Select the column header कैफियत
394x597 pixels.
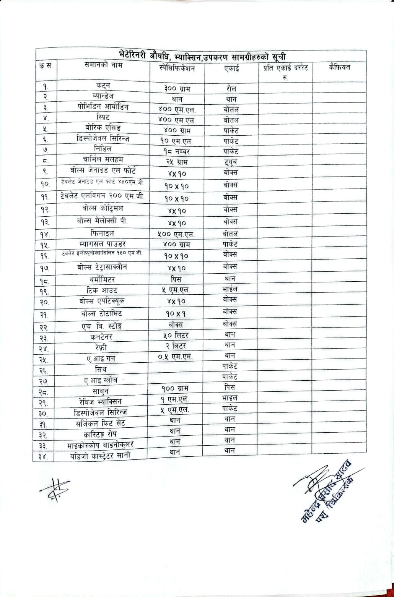click(x=339, y=68)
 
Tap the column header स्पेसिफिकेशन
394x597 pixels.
click(x=177, y=68)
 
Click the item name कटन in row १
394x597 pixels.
click(x=103, y=85)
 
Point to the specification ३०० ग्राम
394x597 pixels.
click(x=177, y=88)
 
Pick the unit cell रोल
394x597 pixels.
click(x=231, y=88)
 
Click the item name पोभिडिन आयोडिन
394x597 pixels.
click(x=103, y=107)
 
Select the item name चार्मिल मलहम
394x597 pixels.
click(x=103, y=159)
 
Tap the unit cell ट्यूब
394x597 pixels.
click(x=231, y=162)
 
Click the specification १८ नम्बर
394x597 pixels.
click(x=177, y=151)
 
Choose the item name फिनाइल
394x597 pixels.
click(x=103, y=233)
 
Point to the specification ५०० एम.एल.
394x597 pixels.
click(x=176, y=234)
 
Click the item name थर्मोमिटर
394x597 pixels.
click(x=101, y=280)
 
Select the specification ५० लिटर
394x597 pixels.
click(x=176, y=335)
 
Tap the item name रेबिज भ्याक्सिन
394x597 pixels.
click(x=99, y=401)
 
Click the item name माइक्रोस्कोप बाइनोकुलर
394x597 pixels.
click(x=101, y=445)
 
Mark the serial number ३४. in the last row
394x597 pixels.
click(x=43, y=456)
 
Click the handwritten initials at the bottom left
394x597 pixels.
click(x=55, y=490)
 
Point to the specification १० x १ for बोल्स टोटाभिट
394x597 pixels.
click(x=176, y=313)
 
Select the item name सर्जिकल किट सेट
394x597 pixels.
click(x=100, y=423)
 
